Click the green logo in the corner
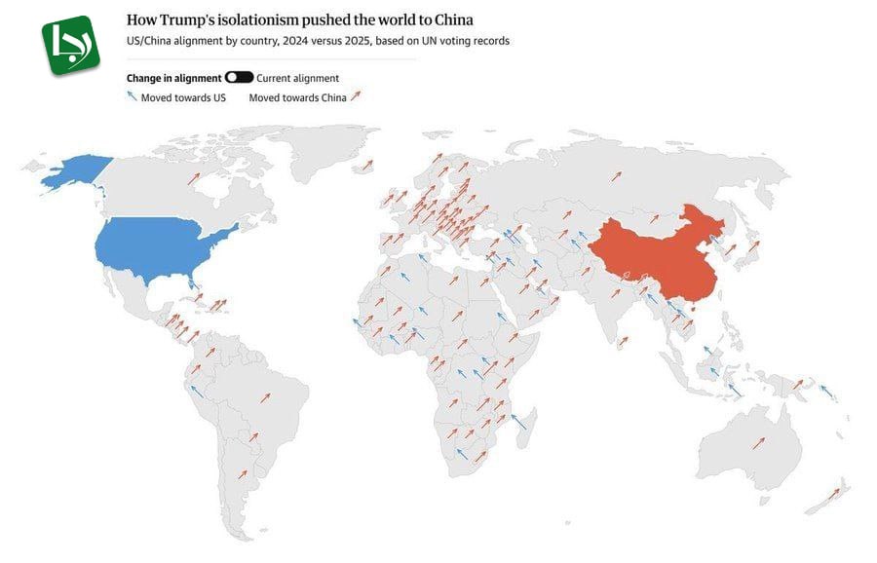71,44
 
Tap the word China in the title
448,19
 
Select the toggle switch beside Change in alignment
239,77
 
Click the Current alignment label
297,78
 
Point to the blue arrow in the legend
132,96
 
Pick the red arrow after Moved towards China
356,96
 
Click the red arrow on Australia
758,443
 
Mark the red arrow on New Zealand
833,494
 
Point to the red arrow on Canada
195,178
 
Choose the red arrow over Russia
616,175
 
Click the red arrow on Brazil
264,397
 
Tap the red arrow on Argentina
244,473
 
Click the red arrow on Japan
752,248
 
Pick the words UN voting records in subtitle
474,41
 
